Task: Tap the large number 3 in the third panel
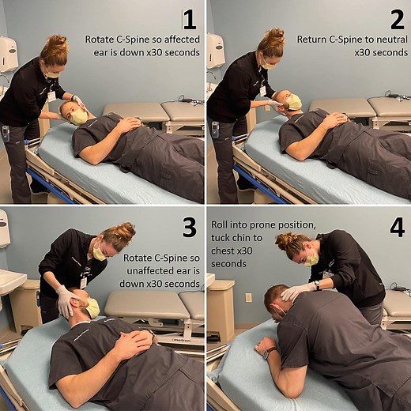[x=189, y=227]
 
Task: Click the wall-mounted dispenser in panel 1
[x=9, y=54]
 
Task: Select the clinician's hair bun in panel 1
[x=57, y=40]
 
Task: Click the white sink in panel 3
[x=12, y=280]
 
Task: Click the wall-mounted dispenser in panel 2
[x=215, y=51]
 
